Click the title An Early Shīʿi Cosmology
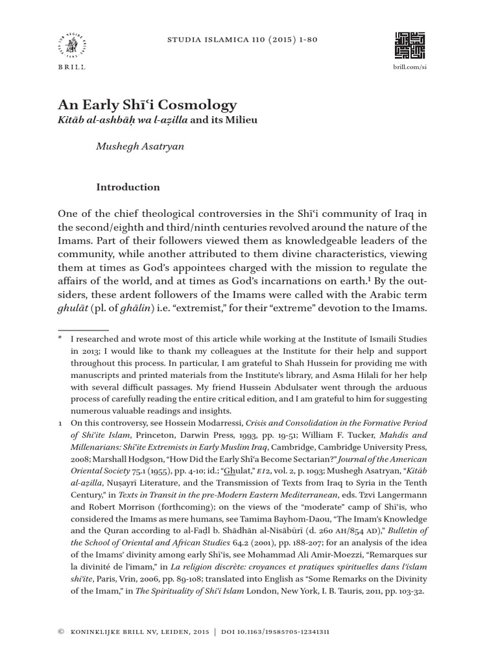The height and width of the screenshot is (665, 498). point(147,105)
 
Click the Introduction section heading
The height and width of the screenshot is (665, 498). point(128,187)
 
